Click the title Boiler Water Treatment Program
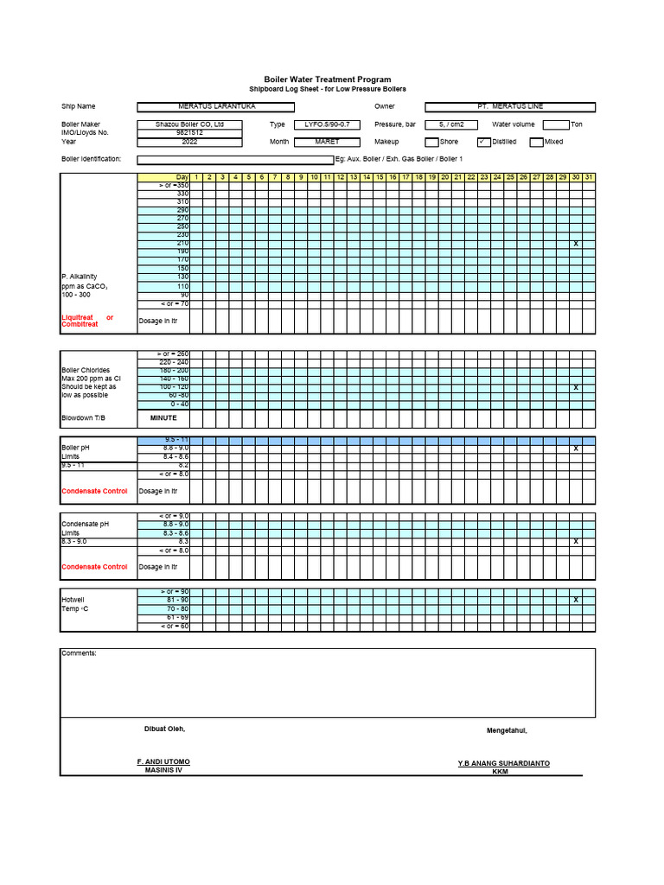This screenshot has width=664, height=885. click(327, 80)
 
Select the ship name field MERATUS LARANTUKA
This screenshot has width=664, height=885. click(211, 106)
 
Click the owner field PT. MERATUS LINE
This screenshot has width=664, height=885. click(510, 106)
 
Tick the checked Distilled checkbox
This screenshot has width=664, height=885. click(483, 142)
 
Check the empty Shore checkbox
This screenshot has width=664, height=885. click(431, 142)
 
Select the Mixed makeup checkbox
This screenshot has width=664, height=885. click(536, 142)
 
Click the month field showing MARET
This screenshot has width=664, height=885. click(327, 142)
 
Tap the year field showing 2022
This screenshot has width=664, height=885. click(189, 142)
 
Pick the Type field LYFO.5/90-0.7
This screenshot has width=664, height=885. click(327, 124)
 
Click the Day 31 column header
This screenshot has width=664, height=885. click(589, 177)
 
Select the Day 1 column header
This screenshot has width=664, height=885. click(196, 177)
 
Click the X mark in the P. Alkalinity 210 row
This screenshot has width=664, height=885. click(576, 244)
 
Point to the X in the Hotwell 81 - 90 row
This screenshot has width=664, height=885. click(576, 600)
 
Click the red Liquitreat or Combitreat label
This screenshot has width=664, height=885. click(87, 321)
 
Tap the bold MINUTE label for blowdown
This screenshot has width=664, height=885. click(163, 417)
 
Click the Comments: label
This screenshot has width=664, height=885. click(79, 653)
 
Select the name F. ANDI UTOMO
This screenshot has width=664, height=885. click(163, 761)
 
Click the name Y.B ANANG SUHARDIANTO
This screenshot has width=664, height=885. click(503, 763)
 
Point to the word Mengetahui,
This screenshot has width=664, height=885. click(507, 730)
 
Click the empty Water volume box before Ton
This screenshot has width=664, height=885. click(556, 124)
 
